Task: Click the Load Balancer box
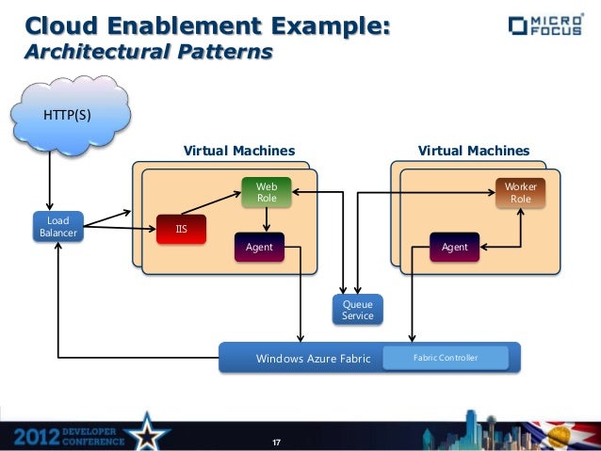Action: [58, 227]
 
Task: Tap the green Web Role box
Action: [267, 192]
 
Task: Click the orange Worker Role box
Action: [520, 192]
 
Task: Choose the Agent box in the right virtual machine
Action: [454, 247]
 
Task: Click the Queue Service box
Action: [357, 310]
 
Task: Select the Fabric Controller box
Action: [446, 358]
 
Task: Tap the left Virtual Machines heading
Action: [238, 151]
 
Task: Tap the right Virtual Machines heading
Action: [473, 151]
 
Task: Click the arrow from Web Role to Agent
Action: [267, 219]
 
